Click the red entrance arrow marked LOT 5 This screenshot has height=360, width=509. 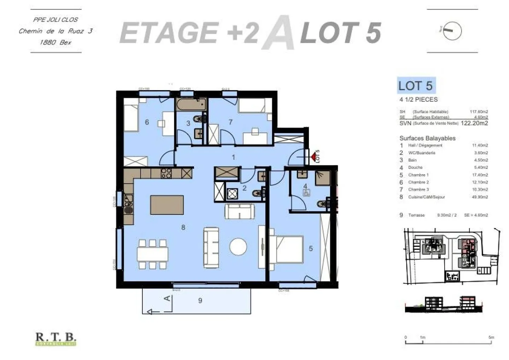[x=313, y=156]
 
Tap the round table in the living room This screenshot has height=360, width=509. [x=238, y=247]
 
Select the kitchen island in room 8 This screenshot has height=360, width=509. [x=167, y=205]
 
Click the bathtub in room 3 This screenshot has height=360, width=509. [x=191, y=104]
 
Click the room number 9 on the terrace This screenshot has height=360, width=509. [x=200, y=301]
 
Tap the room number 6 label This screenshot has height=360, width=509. [x=147, y=122]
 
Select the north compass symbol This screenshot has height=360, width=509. [x=452, y=30]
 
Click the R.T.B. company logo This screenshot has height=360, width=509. [x=56, y=339]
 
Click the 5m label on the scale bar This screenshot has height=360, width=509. [x=491, y=337]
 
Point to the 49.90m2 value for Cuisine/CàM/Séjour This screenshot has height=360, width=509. [x=480, y=197]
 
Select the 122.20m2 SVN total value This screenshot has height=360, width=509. [x=474, y=123]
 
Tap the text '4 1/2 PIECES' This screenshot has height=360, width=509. [x=419, y=100]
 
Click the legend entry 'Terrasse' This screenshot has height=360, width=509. [x=416, y=215]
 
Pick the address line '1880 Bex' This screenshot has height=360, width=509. [x=55, y=42]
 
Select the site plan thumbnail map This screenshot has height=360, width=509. [x=451, y=256]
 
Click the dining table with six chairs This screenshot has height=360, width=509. [x=153, y=254]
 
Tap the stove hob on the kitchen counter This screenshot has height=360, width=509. [x=166, y=173]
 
